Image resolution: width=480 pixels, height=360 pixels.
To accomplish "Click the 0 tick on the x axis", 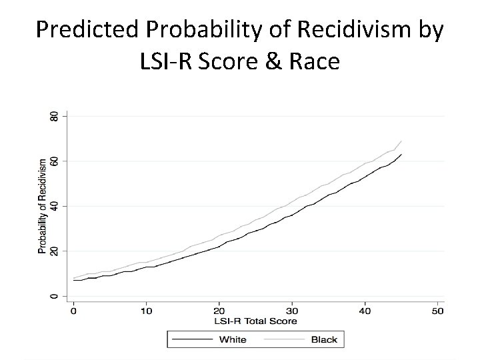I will point(73,311).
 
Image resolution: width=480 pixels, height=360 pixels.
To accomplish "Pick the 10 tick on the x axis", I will point(146,311).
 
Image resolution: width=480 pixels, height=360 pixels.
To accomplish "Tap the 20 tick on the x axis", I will point(219,311).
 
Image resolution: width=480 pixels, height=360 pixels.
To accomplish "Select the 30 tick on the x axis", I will point(292,311).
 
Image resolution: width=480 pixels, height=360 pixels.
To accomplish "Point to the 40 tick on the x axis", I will point(365,311).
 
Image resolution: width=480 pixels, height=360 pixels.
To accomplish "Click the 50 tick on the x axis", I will point(437,311).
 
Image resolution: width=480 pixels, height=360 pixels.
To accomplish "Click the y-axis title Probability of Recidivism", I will point(43,206).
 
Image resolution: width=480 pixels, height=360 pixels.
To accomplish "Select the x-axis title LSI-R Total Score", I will point(255,321).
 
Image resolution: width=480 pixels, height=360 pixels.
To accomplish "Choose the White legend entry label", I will point(233,340).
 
